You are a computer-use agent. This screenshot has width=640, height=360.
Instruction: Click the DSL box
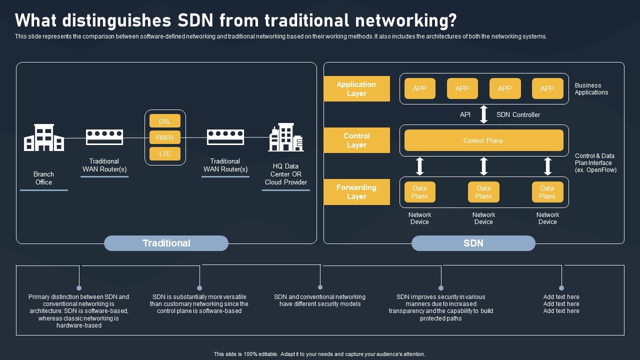coord(165,121)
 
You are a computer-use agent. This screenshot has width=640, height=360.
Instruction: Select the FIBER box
coord(165,137)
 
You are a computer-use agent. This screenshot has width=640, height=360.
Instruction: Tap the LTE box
coord(165,153)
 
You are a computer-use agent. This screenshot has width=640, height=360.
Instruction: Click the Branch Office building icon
coord(43,138)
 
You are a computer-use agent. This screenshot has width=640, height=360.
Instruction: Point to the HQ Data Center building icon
coord(285,137)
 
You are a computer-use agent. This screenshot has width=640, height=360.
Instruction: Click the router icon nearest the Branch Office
coord(104,136)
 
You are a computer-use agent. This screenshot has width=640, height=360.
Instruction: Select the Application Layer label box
coord(356,89)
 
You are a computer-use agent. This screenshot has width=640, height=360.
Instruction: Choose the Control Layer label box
coord(356,140)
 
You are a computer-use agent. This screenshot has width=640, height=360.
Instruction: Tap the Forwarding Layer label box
coord(356,192)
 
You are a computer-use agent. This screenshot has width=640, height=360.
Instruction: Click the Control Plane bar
coord(483,140)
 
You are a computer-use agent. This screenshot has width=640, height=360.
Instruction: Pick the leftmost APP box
coord(420,88)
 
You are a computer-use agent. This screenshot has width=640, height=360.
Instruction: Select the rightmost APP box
coord(547,88)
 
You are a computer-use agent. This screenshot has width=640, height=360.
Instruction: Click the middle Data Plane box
coord(483,192)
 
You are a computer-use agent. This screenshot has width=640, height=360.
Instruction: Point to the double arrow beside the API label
coord(483,114)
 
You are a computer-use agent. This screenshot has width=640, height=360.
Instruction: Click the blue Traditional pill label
coord(166,243)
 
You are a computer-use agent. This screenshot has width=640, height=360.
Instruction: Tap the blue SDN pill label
coord(473,243)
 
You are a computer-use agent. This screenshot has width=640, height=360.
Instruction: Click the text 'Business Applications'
coord(591,89)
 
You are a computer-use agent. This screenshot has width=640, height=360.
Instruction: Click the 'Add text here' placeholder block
coord(561,303)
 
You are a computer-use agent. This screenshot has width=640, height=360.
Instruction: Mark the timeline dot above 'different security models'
coord(320,287)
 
